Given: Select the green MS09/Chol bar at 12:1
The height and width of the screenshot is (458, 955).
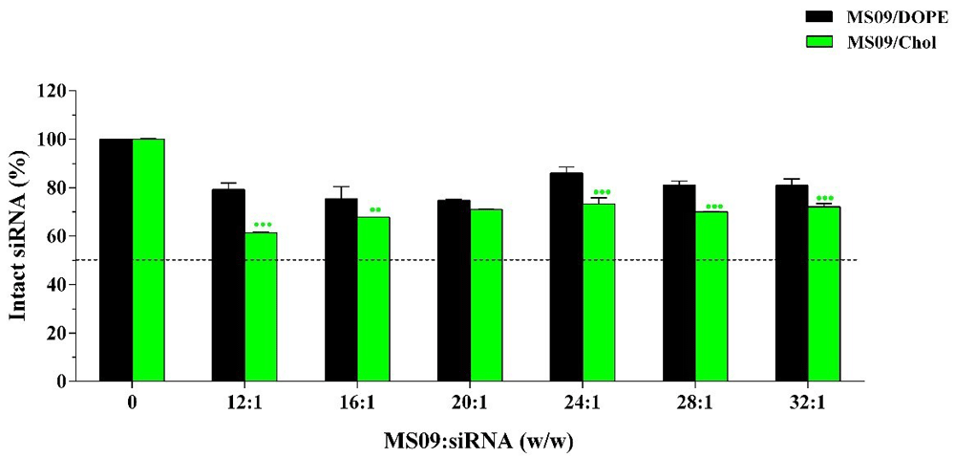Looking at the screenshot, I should click(x=261, y=306).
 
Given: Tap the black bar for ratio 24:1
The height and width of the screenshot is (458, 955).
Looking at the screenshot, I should click(x=566, y=276).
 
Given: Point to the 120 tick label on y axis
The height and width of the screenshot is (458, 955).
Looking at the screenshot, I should click(x=51, y=92).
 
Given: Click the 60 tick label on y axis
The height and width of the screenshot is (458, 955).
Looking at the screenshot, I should click(x=54, y=236).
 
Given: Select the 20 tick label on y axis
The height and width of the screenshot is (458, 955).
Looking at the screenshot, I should click(x=54, y=333).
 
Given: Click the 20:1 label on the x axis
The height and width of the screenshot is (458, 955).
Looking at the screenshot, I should click(x=469, y=404).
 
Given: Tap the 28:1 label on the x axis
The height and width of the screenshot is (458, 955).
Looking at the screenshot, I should click(x=694, y=404).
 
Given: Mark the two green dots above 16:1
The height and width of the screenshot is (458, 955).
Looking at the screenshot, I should click(x=374, y=209).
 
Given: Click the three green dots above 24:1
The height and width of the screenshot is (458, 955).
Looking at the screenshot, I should click(x=602, y=192).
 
